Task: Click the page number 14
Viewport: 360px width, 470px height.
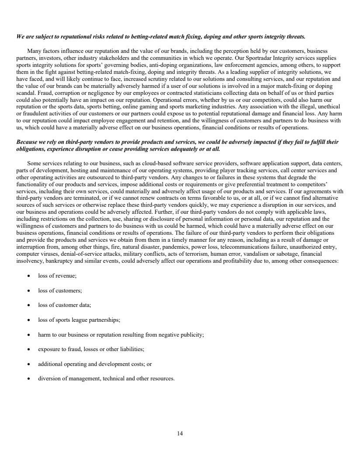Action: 180,434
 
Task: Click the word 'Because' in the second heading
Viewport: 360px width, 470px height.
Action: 27,142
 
